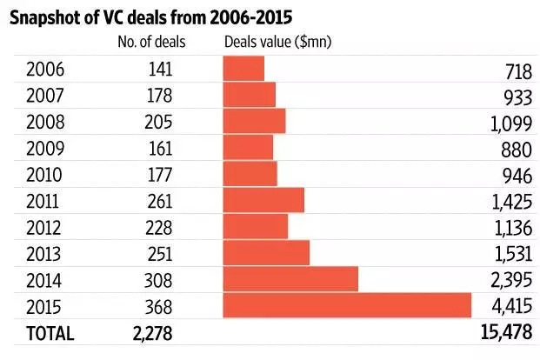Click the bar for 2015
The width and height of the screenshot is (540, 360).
coord(347,306)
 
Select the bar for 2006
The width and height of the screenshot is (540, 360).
coord(243,69)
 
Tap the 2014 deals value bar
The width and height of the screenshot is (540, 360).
coord(290,279)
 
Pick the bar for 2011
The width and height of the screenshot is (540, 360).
coord(263,200)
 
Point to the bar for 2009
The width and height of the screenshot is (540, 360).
coord(248,148)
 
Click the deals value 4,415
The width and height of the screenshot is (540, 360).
coord(510,307)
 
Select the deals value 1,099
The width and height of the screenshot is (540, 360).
coord(510,123)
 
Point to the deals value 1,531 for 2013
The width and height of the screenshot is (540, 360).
coord(510,254)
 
